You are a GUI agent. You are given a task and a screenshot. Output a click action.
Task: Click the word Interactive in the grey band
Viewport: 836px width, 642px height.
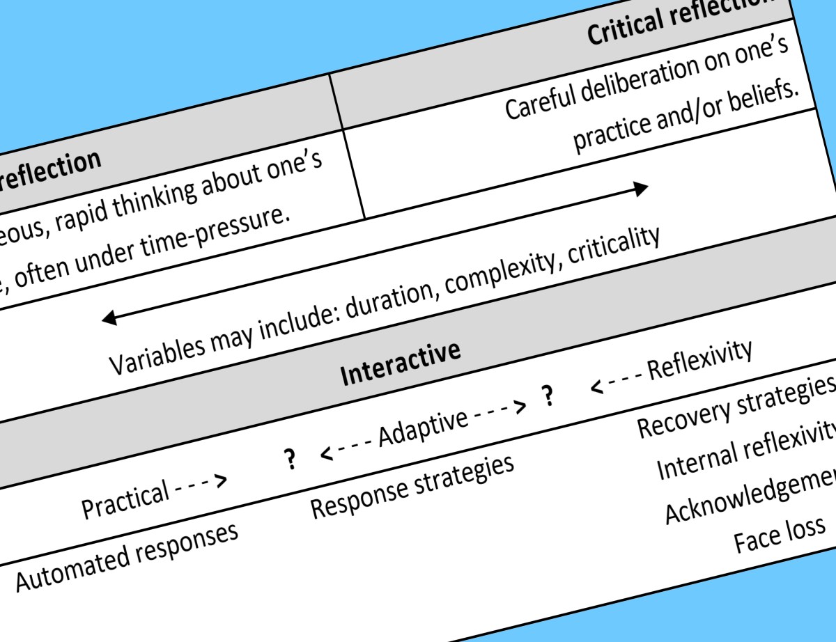click(400, 362)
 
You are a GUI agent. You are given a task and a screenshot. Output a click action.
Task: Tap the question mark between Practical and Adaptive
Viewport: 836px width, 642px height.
click(288, 458)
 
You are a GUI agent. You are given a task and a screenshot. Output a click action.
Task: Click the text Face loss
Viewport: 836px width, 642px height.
click(780, 532)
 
